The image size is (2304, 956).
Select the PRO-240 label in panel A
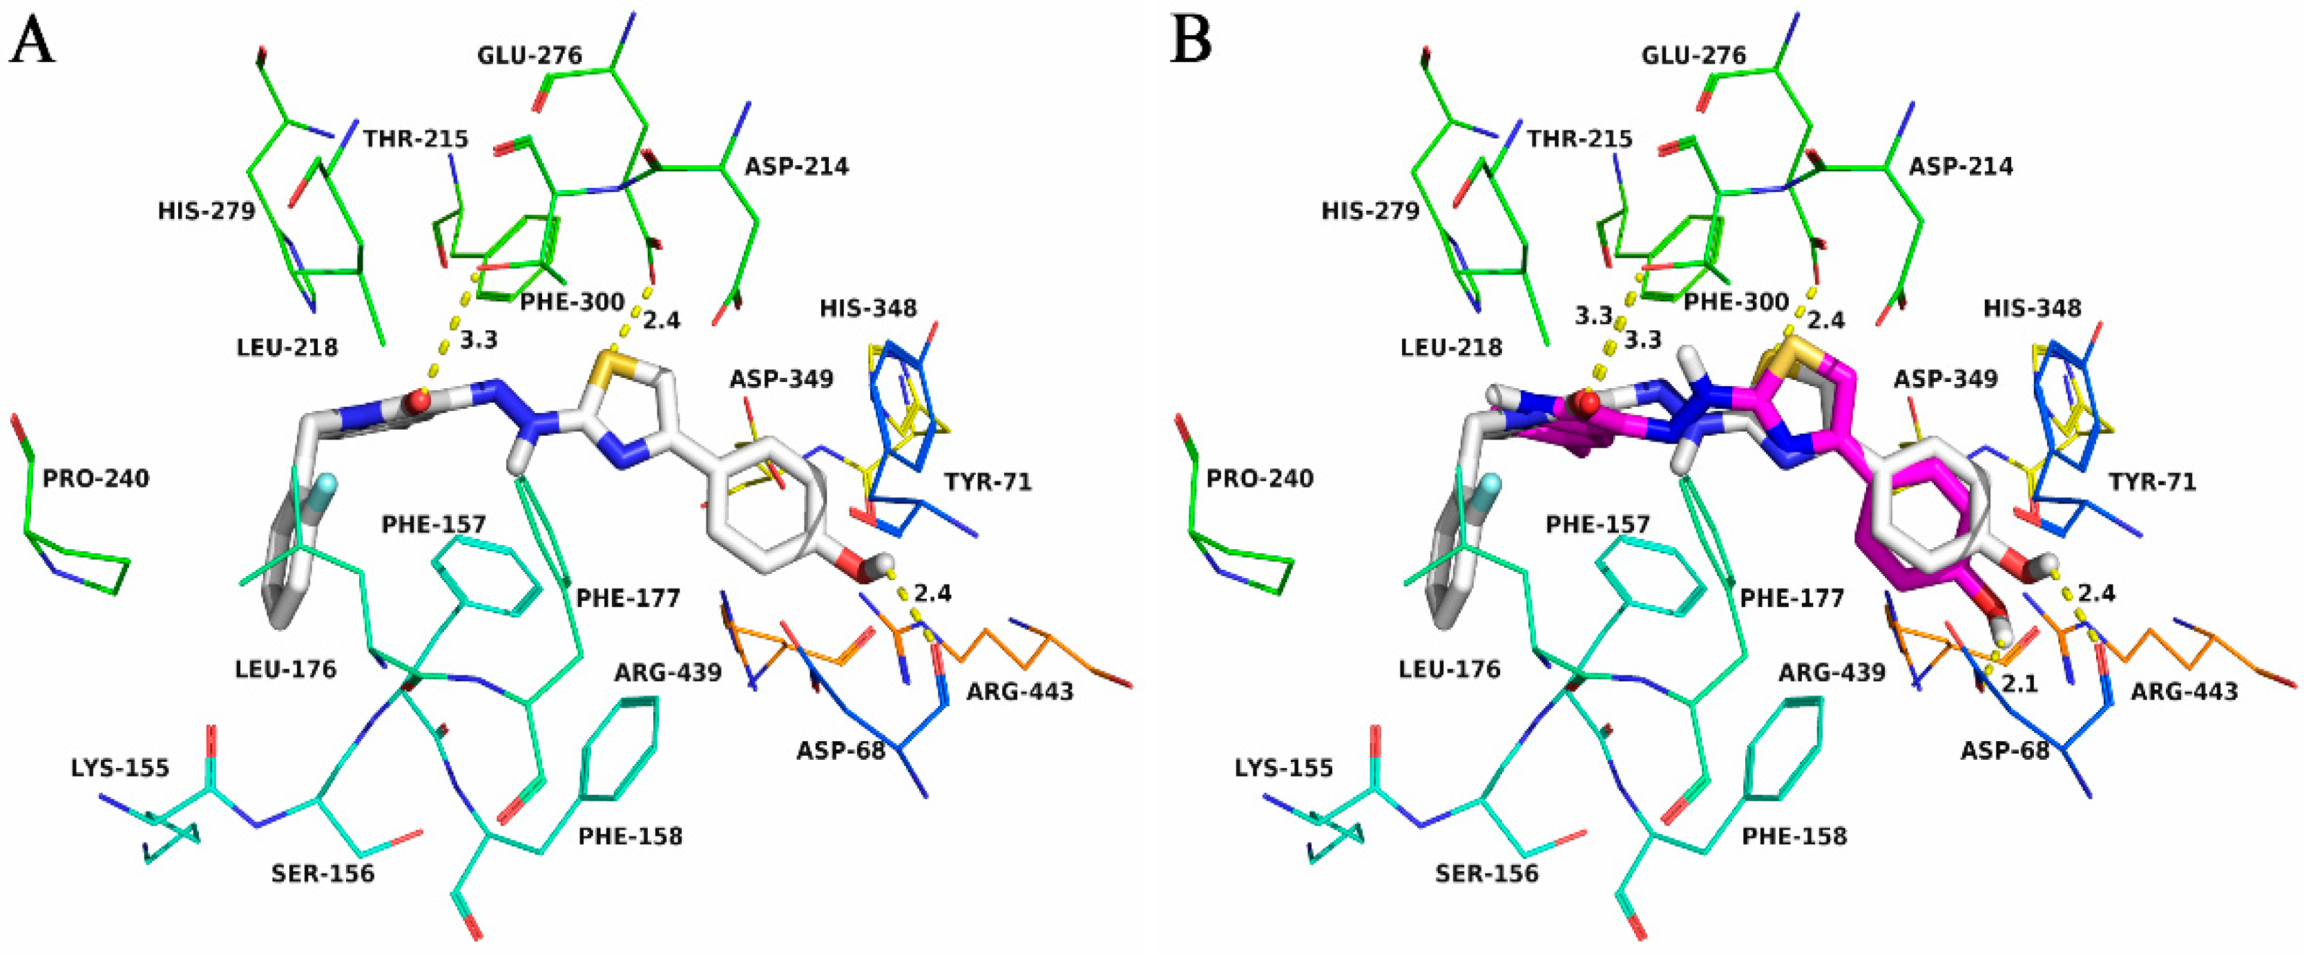click(96, 479)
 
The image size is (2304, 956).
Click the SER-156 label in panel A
click(323, 873)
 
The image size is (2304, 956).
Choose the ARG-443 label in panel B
click(2184, 691)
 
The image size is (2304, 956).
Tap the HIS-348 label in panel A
click(868, 309)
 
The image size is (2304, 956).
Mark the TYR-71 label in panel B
click(2152, 482)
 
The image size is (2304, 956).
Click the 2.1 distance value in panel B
click(2019, 684)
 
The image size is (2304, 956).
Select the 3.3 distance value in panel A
click(479, 340)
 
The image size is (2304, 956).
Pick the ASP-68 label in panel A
click(841, 750)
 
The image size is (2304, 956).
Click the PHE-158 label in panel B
click(1794, 836)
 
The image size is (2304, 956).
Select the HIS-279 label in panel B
click(1370, 211)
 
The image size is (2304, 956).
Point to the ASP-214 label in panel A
click(797, 166)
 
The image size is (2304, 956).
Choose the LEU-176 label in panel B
click(1450, 669)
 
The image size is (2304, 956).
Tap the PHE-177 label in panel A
click(628, 597)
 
